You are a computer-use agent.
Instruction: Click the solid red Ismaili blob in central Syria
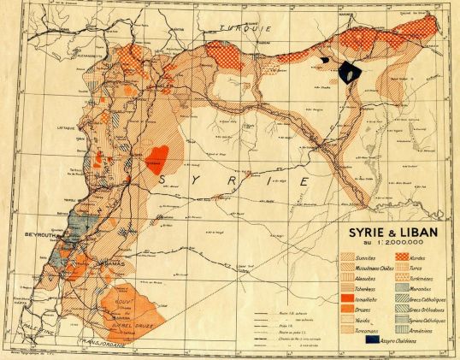coord(156,156)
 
